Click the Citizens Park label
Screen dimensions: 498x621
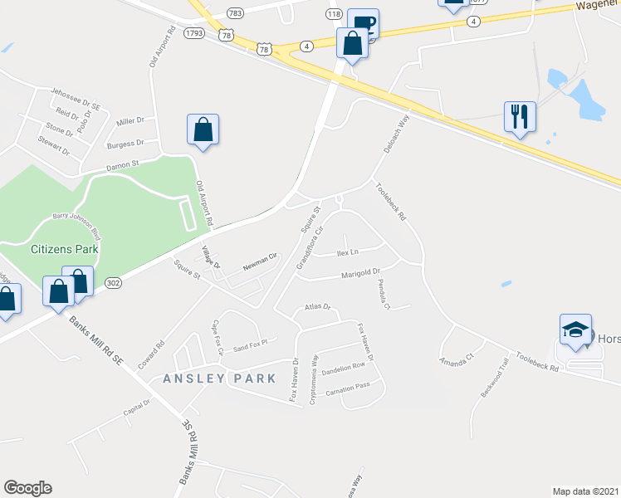65,248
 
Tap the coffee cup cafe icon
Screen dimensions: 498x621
363,23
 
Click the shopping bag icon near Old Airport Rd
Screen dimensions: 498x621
203,129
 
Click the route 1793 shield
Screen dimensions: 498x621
195,33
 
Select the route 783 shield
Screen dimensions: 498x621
235,12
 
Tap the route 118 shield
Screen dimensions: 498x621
335,14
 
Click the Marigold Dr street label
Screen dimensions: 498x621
359,273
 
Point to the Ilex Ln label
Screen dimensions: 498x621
347,252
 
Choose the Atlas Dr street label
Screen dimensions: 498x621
317,308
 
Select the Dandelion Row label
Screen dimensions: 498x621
343,366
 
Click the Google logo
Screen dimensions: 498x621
28,488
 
